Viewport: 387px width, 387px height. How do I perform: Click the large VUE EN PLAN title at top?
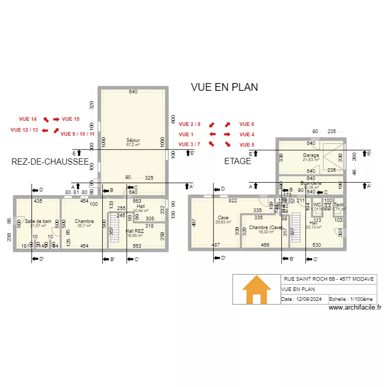pyautogui.click(x=224, y=87)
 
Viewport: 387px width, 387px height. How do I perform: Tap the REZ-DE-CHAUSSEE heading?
pyautogui.click(x=50, y=162)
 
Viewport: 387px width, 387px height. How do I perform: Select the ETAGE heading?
pyautogui.click(x=237, y=161)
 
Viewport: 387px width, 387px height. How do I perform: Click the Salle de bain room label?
pyautogui.click(x=38, y=221)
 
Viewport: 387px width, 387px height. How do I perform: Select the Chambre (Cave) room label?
pyautogui.click(x=265, y=228)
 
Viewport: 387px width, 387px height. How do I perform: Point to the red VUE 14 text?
pyautogui.click(x=27, y=119)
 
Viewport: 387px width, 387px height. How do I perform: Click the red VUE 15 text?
pyautogui.click(x=71, y=119)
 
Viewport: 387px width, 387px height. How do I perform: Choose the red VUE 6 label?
pyautogui.click(x=247, y=124)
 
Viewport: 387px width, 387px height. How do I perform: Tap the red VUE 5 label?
pyautogui.click(x=247, y=144)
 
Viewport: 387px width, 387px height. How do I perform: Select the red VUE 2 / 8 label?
pyautogui.click(x=189, y=124)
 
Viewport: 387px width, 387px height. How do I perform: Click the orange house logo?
pyautogui.click(x=256, y=290)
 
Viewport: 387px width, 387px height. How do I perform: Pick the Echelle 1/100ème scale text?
pyautogui.click(x=351, y=299)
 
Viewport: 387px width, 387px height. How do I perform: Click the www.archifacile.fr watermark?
pyautogui.click(x=355, y=308)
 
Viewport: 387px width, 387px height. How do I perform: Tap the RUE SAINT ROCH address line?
pyautogui.click(x=329, y=279)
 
